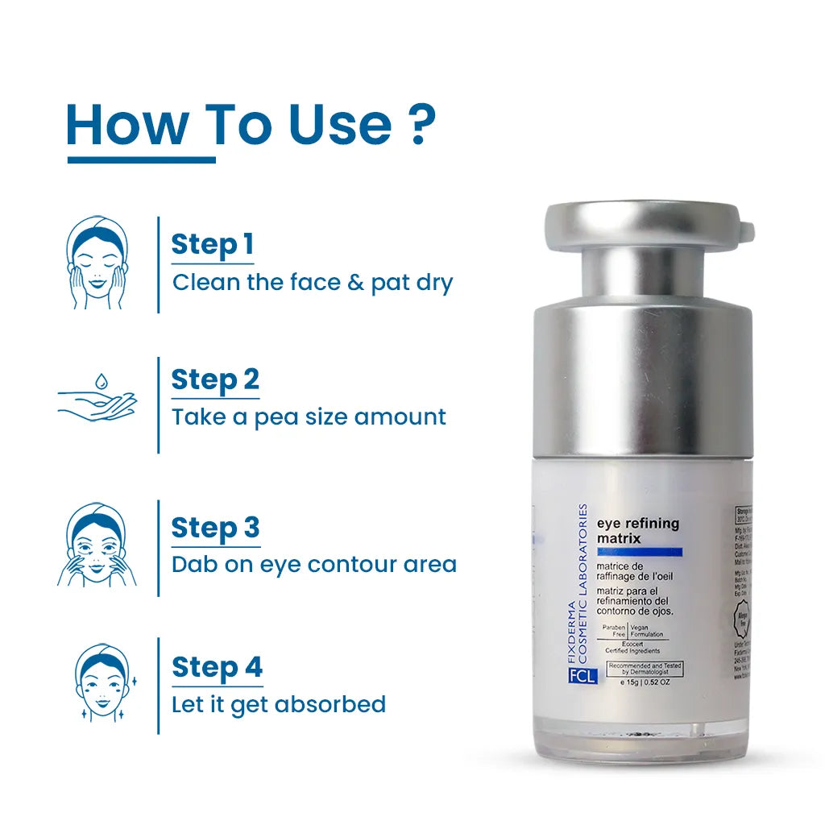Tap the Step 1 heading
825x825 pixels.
click(x=213, y=244)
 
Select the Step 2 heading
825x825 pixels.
click(x=215, y=379)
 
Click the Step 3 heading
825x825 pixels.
click(x=215, y=528)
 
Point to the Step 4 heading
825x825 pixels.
click(x=217, y=667)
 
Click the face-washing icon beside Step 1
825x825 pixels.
click(x=97, y=263)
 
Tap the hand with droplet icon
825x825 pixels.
click(x=97, y=399)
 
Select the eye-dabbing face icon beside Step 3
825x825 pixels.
click(x=97, y=545)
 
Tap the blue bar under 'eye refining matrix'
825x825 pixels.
click(x=639, y=552)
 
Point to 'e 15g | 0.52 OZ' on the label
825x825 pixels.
click(x=645, y=682)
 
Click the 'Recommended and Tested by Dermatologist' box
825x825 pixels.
click(x=645, y=668)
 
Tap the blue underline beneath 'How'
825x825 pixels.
click(x=141, y=160)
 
